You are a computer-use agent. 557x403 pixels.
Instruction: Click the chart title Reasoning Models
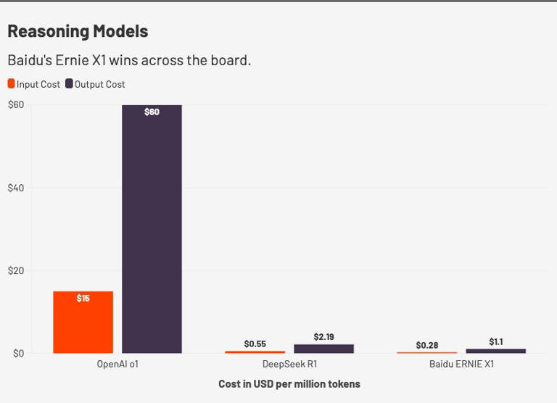coord(78,31)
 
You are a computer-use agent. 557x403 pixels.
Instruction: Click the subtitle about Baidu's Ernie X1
coord(129,60)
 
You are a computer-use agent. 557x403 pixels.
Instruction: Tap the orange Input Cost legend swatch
coord(11,84)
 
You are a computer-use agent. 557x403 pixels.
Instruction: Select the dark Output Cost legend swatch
coord(70,84)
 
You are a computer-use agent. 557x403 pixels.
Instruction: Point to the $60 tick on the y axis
coord(16,105)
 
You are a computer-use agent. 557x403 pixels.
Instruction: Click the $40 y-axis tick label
coord(16,188)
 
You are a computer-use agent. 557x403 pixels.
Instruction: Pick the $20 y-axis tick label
coord(16,271)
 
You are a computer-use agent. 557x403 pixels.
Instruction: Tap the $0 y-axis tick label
coord(18,354)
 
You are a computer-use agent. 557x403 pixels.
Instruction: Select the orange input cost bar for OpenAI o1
coord(83,323)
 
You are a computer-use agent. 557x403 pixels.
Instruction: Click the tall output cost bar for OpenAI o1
coord(152,232)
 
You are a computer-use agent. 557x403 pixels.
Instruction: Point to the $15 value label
coord(83,299)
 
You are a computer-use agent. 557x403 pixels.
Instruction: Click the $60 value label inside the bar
coord(152,112)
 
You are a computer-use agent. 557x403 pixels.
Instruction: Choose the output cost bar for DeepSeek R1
coord(323,349)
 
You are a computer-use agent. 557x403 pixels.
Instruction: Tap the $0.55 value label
coord(255,344)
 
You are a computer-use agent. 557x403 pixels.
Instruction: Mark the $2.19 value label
coord(323,337)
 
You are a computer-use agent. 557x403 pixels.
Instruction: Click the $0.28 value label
coord(427,346)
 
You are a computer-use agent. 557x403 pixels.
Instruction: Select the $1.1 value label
coord(496,342)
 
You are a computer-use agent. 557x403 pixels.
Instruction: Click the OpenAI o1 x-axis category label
coord(117,364)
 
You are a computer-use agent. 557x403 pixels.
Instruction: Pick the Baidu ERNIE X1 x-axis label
coord(461,364)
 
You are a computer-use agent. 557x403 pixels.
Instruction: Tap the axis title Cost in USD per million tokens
coord(289,384)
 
